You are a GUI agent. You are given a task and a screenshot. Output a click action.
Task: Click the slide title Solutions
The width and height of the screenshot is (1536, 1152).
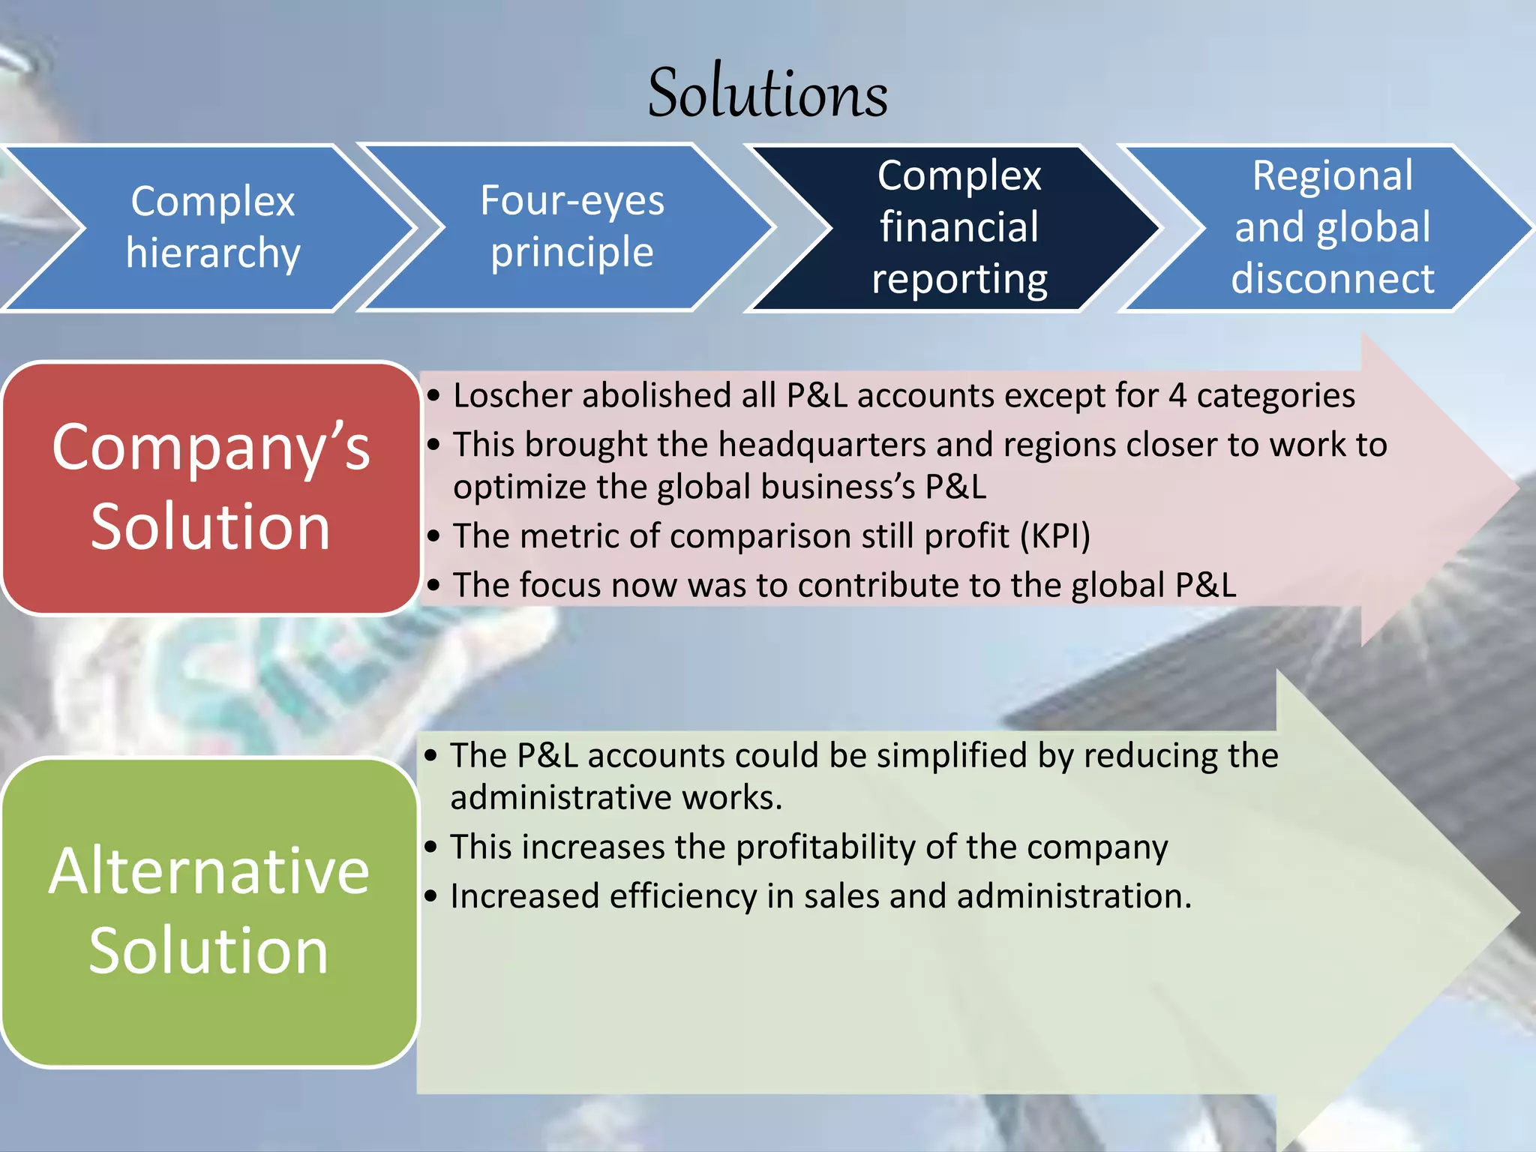[x=767, y=93]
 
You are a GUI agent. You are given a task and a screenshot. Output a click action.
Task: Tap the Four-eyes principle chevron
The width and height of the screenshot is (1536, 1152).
[x=571, y=226]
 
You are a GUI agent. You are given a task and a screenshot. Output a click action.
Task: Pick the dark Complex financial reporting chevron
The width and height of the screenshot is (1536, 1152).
[x=959, y=227]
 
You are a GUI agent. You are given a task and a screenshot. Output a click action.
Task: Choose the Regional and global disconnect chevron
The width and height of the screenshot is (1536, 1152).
[x=1332, y=227]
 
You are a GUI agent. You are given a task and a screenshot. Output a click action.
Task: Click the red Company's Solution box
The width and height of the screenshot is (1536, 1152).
[x=210, y=487]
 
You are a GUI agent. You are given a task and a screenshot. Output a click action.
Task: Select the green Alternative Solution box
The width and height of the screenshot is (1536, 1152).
[x=209, y=911]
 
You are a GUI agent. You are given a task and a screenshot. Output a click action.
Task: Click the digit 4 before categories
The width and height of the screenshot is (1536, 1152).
[x=1177, y=396]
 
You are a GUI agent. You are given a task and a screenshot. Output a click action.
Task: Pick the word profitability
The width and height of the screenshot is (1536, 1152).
[x=825, y=847]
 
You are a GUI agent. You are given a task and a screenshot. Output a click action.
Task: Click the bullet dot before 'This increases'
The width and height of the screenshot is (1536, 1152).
[x=430, y=847]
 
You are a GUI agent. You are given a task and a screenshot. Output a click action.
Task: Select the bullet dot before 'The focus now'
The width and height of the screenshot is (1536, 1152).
[x=433, y=585]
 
